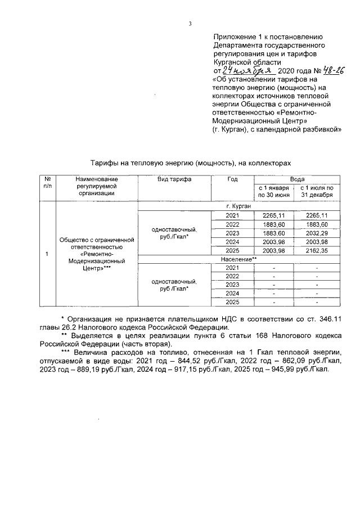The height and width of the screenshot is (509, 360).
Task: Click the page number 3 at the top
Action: (190, 23)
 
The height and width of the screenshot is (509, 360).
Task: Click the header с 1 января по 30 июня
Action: (273, 191)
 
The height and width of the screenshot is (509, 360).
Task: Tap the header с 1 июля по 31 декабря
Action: (318, 191)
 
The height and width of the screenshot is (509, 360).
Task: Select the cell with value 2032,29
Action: (318, 233)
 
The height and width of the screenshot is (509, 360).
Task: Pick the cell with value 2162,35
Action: (318, 250)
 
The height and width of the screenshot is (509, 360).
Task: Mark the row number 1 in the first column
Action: (47, 254)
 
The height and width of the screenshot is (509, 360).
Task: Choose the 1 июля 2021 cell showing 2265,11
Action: (318, 215)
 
